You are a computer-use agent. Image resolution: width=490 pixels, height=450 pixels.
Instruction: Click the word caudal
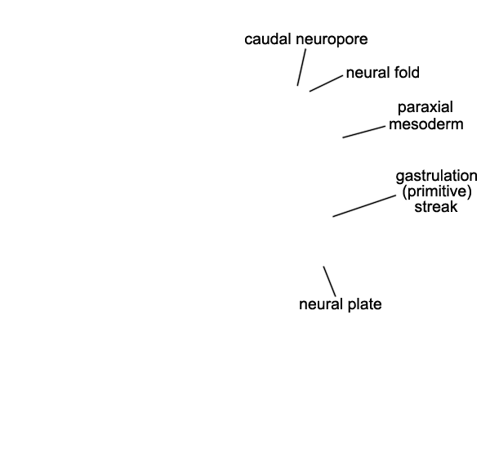269,39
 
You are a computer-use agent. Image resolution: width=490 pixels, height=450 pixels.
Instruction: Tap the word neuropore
332,40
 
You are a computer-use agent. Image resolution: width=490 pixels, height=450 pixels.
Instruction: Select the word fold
407,72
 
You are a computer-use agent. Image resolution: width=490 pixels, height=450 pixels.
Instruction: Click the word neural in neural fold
368,72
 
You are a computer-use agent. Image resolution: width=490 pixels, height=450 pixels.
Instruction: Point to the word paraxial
425,107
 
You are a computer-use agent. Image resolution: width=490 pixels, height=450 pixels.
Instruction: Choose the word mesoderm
426,124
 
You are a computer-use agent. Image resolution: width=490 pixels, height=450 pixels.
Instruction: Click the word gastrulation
437,176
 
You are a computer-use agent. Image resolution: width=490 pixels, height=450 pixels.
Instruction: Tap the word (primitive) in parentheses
437,191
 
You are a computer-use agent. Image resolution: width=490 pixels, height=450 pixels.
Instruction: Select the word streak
436,207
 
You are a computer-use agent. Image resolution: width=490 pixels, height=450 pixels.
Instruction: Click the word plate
365,304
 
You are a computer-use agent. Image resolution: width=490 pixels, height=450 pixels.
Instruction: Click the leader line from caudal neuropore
301,67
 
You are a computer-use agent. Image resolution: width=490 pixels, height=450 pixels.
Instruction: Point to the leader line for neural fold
326,83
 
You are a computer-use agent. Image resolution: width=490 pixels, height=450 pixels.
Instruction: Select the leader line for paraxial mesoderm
364,132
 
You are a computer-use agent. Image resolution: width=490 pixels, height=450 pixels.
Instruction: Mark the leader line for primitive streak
364,205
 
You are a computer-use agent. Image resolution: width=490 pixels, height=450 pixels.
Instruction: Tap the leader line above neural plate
330,281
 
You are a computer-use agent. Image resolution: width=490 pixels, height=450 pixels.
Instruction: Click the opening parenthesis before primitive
404,192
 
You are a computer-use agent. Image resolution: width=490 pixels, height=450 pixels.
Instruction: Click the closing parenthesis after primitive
470,192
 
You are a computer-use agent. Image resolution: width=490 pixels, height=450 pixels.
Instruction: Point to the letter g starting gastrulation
399,178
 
